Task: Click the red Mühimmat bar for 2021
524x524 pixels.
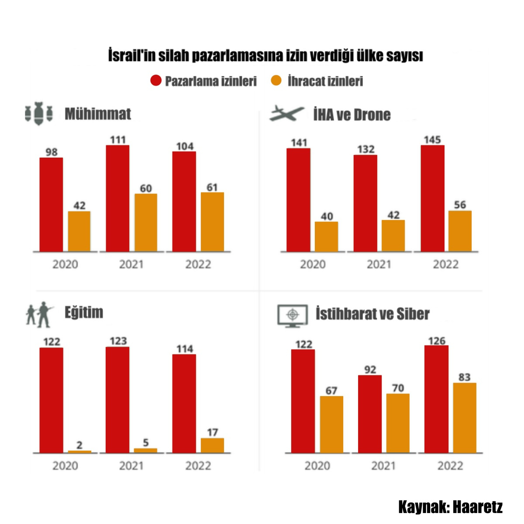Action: point(117,198)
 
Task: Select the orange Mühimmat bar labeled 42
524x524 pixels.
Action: point(79,231)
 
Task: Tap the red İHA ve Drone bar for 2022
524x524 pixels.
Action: point(433,198)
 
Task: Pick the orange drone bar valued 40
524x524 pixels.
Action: point(327,237)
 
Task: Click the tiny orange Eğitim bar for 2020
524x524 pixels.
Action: point(79,452)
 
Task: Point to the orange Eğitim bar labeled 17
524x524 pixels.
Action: point(212,445)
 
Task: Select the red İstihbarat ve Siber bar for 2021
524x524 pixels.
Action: point(370,414)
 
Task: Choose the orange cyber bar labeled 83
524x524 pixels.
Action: point(465,418)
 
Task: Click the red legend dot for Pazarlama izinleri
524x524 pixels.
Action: point(156,81)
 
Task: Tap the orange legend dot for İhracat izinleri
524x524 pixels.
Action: point(276,81)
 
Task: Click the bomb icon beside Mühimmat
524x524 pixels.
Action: point(39,114)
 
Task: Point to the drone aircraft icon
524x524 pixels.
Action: point(286,114)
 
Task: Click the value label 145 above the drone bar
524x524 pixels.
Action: point(432,140)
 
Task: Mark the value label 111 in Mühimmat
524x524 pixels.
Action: point(117,140)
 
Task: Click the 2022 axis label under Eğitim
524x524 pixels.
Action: point(198,466)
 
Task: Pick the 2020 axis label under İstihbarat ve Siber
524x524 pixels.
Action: point(317,466)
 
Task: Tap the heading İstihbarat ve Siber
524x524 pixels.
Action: point(372,314)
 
